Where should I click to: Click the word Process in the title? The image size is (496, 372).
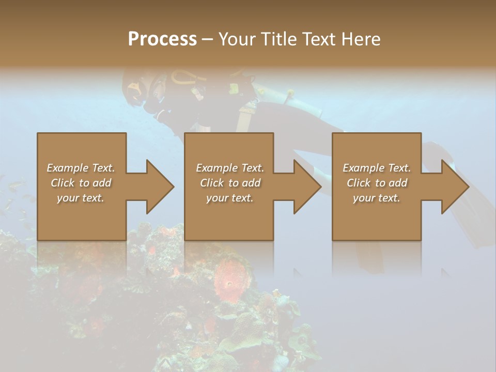tap(162, 39)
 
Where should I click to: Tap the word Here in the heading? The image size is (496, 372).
tap(361, 39)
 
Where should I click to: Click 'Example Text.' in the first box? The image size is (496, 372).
tap(81, 168)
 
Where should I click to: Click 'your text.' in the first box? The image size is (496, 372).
tap(81, 198)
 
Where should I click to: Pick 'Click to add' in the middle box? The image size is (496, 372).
tap(230, 183)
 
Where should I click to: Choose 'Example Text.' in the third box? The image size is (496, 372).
tap(377, 168)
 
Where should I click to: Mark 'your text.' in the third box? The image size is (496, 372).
tap(377, 198)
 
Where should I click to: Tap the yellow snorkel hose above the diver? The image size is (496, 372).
tap(183, 78)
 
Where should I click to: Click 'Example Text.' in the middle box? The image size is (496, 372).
tap(230, 168)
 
